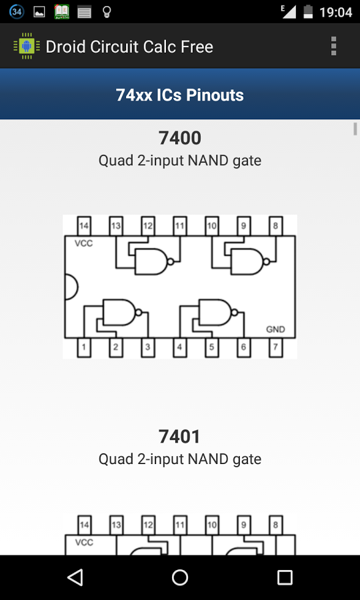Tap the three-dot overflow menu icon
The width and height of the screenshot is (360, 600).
point(333,46)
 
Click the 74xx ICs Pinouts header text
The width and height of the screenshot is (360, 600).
point(180,95)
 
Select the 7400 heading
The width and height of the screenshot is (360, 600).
point(180,138)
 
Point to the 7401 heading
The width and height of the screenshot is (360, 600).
point(180,437)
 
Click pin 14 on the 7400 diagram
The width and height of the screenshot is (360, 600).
point(84,226)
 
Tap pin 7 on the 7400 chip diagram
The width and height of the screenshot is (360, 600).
point(275,347)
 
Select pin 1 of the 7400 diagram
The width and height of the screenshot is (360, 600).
point(84,347)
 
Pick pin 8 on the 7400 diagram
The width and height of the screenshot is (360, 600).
point(275,226)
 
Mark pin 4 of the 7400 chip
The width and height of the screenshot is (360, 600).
point(179,347)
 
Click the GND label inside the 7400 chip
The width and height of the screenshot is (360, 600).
point(275,329)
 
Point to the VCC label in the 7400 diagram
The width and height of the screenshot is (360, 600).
point(84,243)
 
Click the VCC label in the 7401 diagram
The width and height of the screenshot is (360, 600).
point(84,543)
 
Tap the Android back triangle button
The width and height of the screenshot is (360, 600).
point(75,577)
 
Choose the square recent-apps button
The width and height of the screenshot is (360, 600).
point(285,577)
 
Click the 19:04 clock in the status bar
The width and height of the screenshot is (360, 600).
point(336,12)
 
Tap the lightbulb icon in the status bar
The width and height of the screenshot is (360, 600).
point(106,12)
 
